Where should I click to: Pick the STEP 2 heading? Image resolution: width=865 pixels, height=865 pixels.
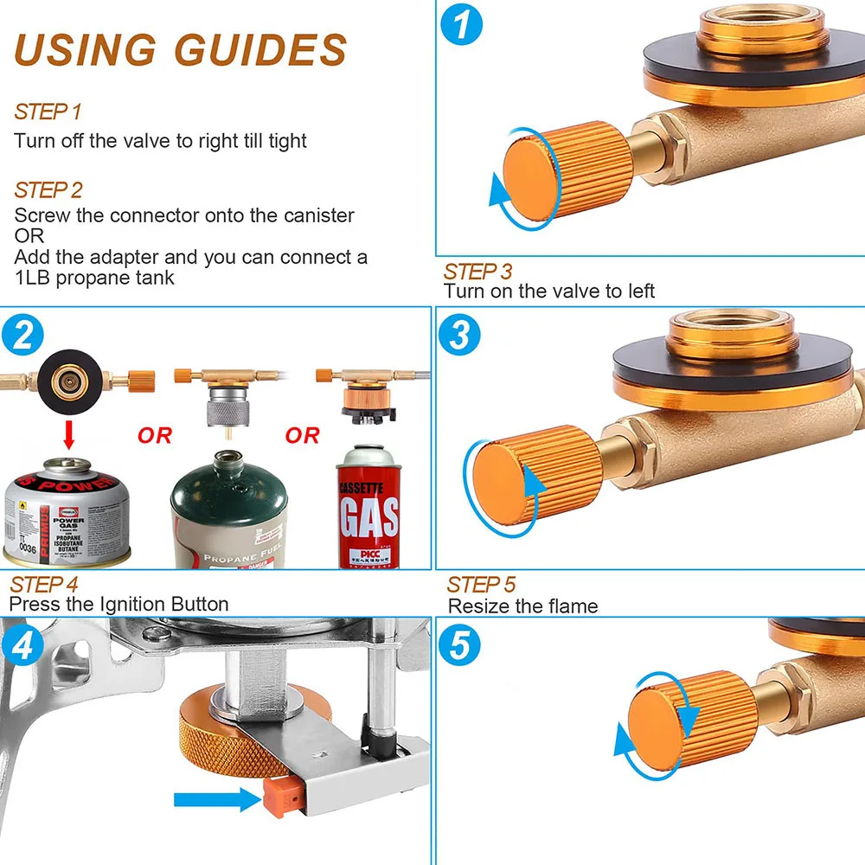pyautogui.click(x=48, y=189)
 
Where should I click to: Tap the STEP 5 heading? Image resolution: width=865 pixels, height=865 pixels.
pyautogui.click(x=481, y=584)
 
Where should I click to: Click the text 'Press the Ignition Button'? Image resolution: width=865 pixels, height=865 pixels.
pyautogui.click(x=119, y=604)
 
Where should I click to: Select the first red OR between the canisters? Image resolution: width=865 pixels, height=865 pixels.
pyautogui.click(x=155, y=435)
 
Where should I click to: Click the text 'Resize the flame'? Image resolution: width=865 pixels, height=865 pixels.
pyautogui.click(x=522, y=605)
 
